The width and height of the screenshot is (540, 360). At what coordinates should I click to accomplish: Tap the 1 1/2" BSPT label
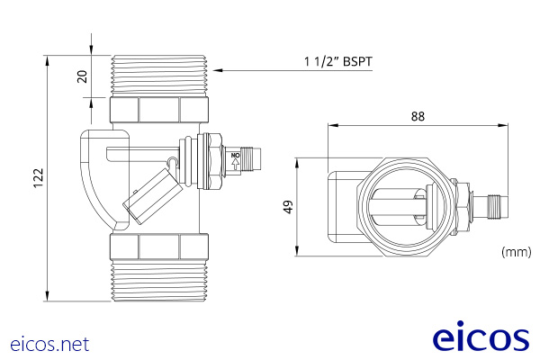click(x=337, y=62)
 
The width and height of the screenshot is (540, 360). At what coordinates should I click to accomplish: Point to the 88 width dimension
click(x=417, y=116)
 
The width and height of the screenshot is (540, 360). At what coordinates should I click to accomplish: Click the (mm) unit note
click(x=515, y=254)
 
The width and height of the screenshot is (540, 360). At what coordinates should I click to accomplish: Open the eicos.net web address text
click(x=50, y=344)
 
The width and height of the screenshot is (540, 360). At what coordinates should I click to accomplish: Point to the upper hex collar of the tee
click(x=158, y=111)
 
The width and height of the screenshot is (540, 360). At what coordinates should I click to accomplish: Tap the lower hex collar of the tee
click(x=158, y=247)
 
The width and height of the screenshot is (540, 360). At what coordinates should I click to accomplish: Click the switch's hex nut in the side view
click(x=213, y=162)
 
